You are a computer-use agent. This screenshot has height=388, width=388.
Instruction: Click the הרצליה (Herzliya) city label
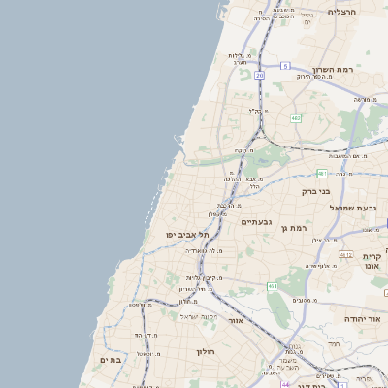tap(342, 12)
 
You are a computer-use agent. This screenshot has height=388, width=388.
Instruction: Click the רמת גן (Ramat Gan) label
tap(292, 228)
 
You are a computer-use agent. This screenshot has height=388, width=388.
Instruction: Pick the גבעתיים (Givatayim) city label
tap(255, 222)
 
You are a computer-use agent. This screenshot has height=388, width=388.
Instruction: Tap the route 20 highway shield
tap(260, 75)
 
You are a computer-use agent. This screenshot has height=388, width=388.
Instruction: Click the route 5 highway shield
tap(285, 65)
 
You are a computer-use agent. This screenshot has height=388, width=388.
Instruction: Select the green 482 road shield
tap(296, 117)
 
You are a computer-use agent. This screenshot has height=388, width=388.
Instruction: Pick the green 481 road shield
tap(322, 174)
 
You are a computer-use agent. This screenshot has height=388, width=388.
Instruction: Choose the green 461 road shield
tap(273, 287)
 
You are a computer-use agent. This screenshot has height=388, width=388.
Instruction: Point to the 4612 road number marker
tap(345, 254)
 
